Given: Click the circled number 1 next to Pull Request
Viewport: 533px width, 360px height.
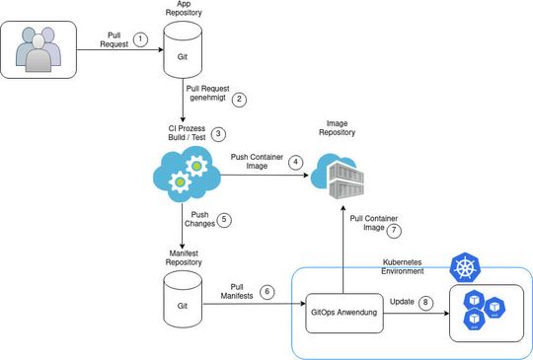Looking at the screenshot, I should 140,39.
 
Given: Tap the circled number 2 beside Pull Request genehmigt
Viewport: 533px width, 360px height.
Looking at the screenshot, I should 238,99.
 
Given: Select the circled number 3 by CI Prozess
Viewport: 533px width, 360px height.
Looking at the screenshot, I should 219,134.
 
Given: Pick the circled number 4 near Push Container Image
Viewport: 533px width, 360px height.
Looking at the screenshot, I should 294,163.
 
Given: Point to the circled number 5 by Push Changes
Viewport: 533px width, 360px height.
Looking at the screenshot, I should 224,220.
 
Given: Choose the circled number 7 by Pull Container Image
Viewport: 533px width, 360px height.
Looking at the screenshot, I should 395,231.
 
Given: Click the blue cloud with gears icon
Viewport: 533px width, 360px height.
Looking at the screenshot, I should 185,175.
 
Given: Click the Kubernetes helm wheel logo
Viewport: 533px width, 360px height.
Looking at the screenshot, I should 463,266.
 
